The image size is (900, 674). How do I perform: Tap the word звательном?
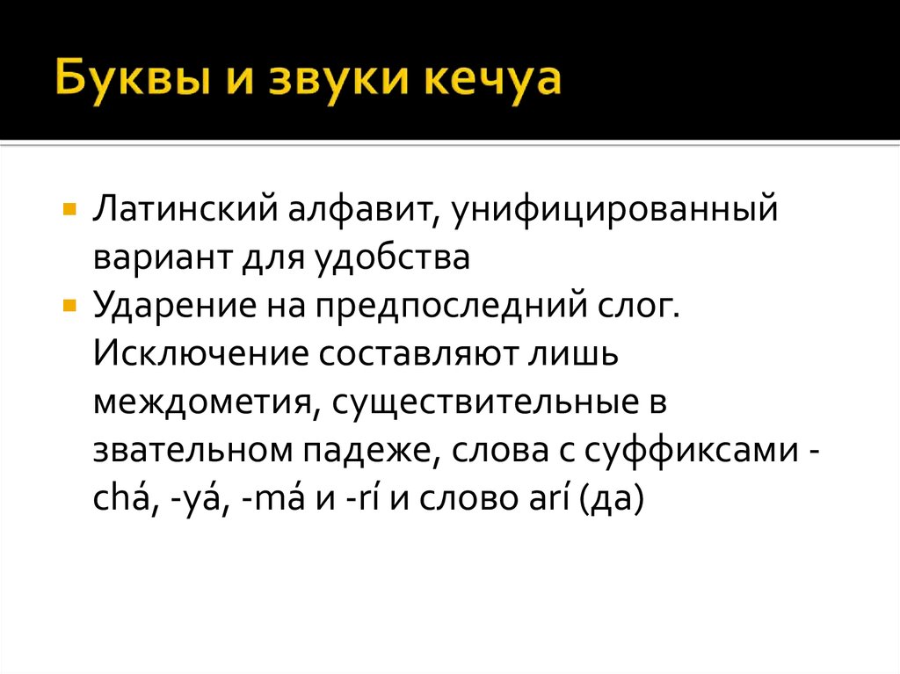coord(194,451)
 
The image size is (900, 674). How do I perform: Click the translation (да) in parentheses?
coord(609,499)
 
